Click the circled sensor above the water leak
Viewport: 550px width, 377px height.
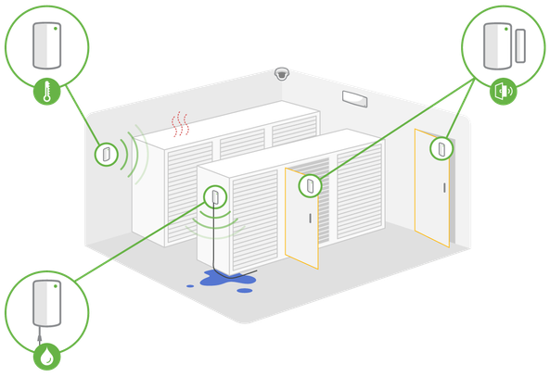click(215, 195)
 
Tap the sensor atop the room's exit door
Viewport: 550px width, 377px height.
click(440, 145)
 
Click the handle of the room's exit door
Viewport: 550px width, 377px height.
click(445, 189)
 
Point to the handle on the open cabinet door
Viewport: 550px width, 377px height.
click(310, 219)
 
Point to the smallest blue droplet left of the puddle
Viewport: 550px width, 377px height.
click(191, 284)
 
